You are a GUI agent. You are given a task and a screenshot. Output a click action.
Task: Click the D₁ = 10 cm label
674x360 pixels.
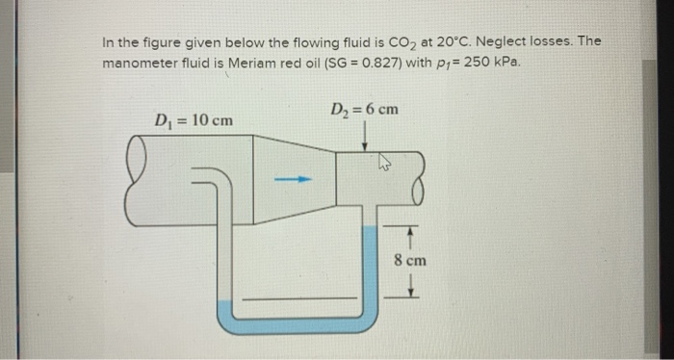tap(194, 120)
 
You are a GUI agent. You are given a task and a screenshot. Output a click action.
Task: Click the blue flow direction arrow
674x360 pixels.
tap(301, 178)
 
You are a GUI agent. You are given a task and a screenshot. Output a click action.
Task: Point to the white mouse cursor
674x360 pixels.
tap(385, 165)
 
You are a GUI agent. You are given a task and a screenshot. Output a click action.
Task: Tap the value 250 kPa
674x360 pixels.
tap(496, 63)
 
